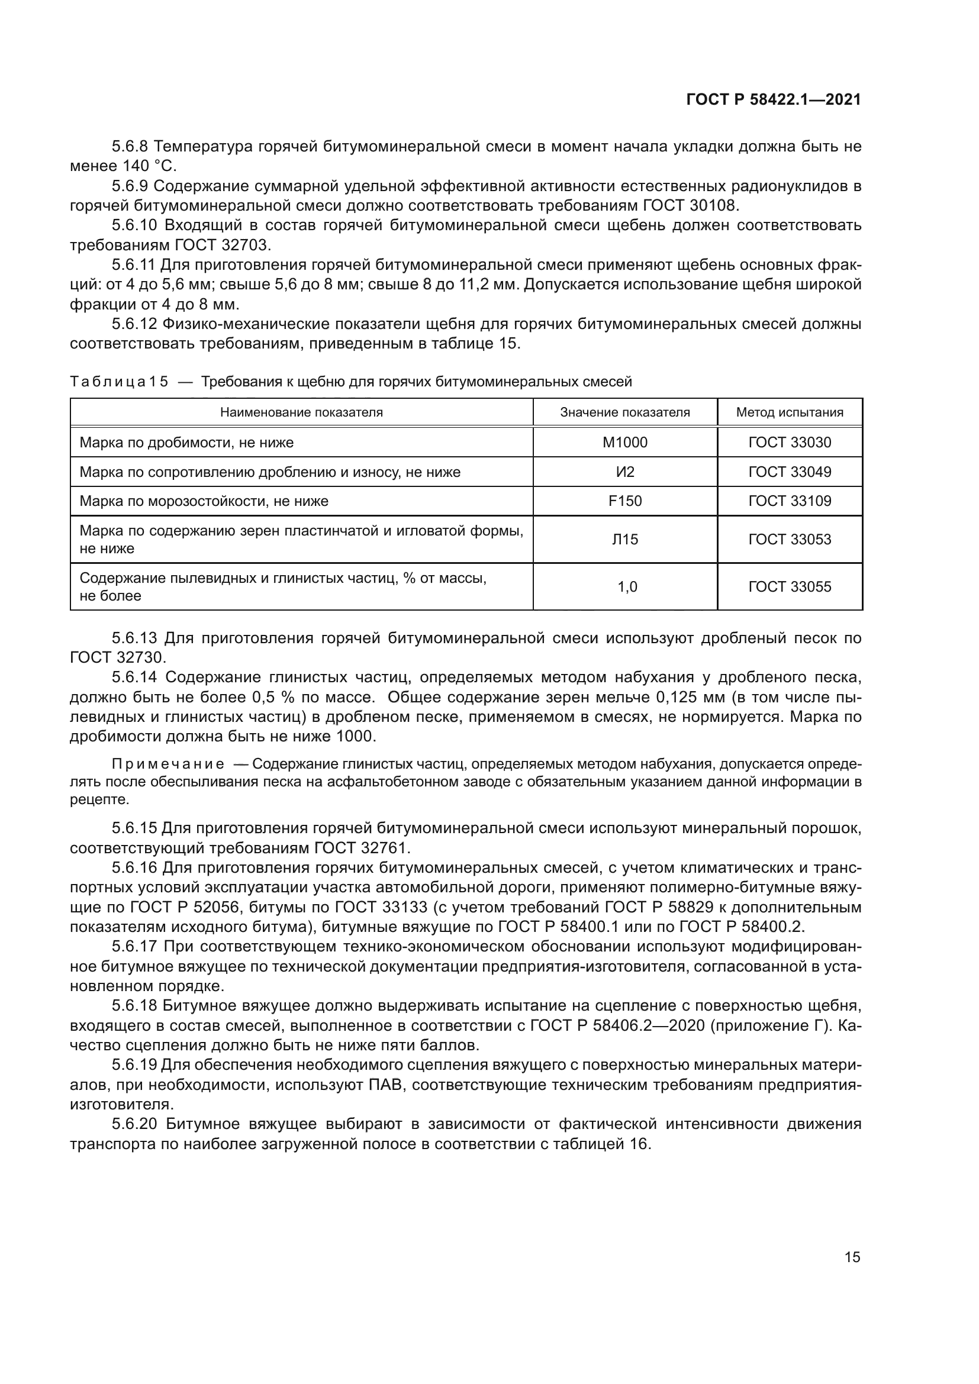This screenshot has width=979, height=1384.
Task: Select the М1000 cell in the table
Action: point(624,443)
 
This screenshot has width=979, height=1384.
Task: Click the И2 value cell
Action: point(624,472)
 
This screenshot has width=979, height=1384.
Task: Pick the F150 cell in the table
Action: point(624,501)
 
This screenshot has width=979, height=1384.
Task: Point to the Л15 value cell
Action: point(624,540)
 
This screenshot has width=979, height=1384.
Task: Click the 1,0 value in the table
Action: point(627,586)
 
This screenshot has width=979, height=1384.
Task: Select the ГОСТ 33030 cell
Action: point(789,443)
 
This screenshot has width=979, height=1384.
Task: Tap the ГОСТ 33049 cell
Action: point(789,472)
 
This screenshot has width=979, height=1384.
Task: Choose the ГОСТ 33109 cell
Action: point(789,501)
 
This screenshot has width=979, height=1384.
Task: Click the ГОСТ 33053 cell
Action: point(789,540)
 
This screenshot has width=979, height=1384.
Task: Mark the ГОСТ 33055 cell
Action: point(789,586)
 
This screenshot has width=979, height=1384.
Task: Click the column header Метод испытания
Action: point(789,412)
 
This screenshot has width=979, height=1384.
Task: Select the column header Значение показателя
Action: point(624,412)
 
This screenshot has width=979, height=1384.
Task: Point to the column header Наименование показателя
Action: point(301,412)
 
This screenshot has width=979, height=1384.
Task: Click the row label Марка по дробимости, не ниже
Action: point(186,443)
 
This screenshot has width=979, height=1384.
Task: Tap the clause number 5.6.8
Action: point(130,147)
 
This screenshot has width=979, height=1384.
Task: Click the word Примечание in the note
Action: point(168,764)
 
